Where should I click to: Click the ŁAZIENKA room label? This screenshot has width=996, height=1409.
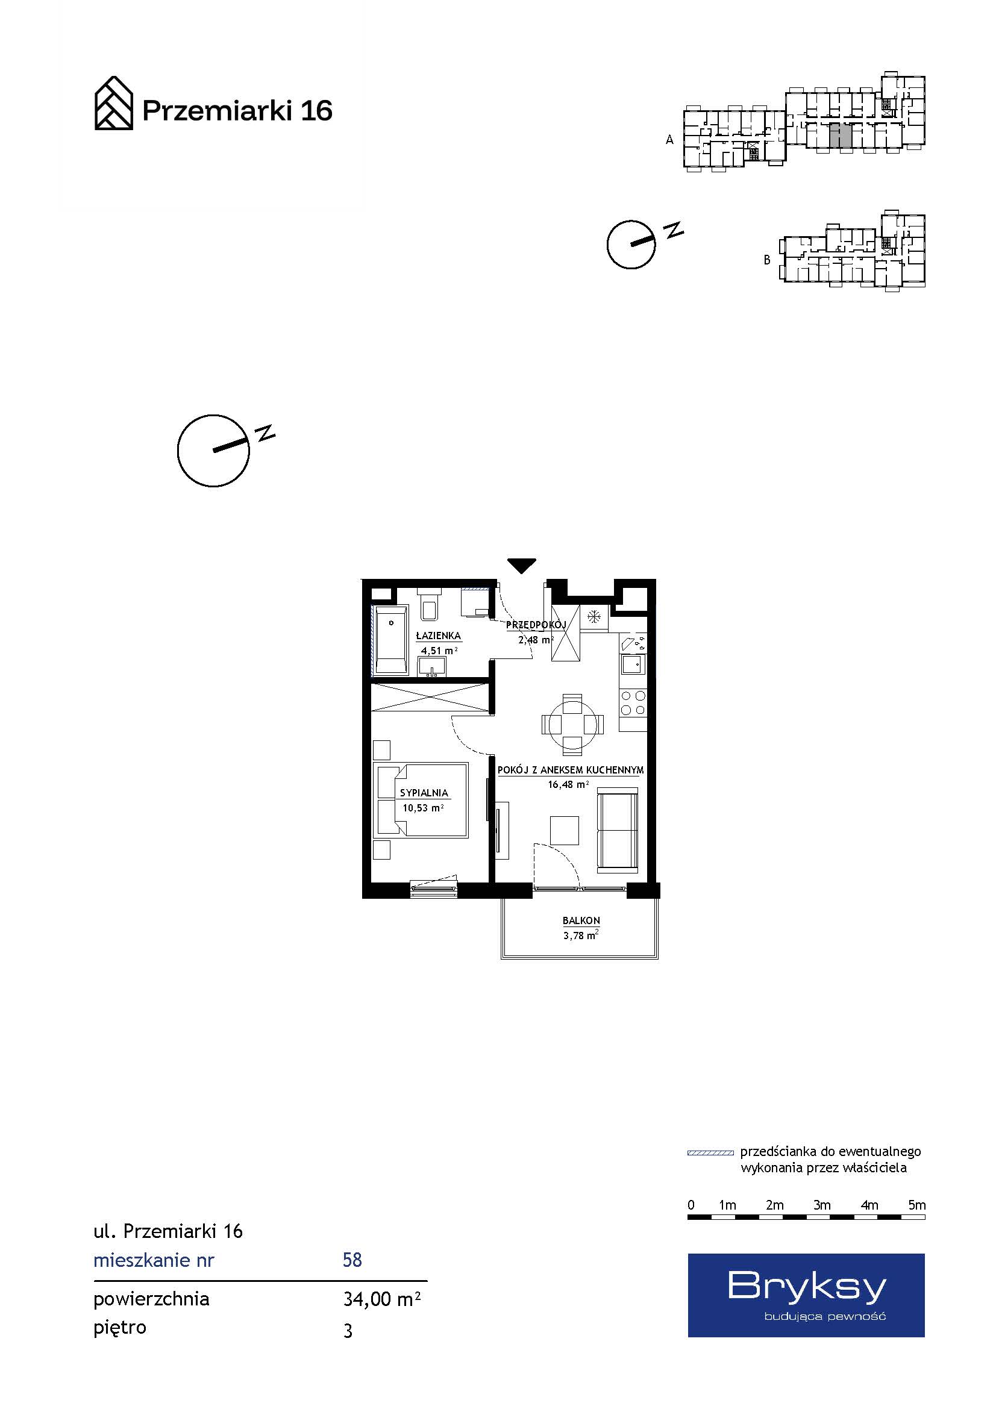click(x=438, y=636)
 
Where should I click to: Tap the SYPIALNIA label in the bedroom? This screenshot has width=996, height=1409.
click(x=424, y=793)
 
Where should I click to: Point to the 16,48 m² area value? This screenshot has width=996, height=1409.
click(x=568, y=784)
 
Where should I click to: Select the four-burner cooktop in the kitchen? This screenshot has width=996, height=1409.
click(x=633, y=703)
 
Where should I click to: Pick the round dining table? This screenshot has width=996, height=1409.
click(x=572, y=725)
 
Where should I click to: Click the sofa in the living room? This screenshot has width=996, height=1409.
click(x=619, y=831)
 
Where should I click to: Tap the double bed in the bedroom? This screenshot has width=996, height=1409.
click(x=422, y=800)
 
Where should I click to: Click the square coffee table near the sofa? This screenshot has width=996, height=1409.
click(x=565, y=830)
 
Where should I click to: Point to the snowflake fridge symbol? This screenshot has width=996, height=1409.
click(x=594, y=617)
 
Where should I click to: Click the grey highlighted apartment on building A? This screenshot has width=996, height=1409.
click(x=840, y=135)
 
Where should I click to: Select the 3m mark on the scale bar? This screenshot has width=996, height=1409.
click(x=822, y=1205)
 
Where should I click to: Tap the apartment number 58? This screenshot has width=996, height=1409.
click(x=352, y=1260)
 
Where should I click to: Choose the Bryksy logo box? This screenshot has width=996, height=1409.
click(x=806, y=1295)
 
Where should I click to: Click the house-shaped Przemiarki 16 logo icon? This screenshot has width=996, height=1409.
click(x=113, y=103)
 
